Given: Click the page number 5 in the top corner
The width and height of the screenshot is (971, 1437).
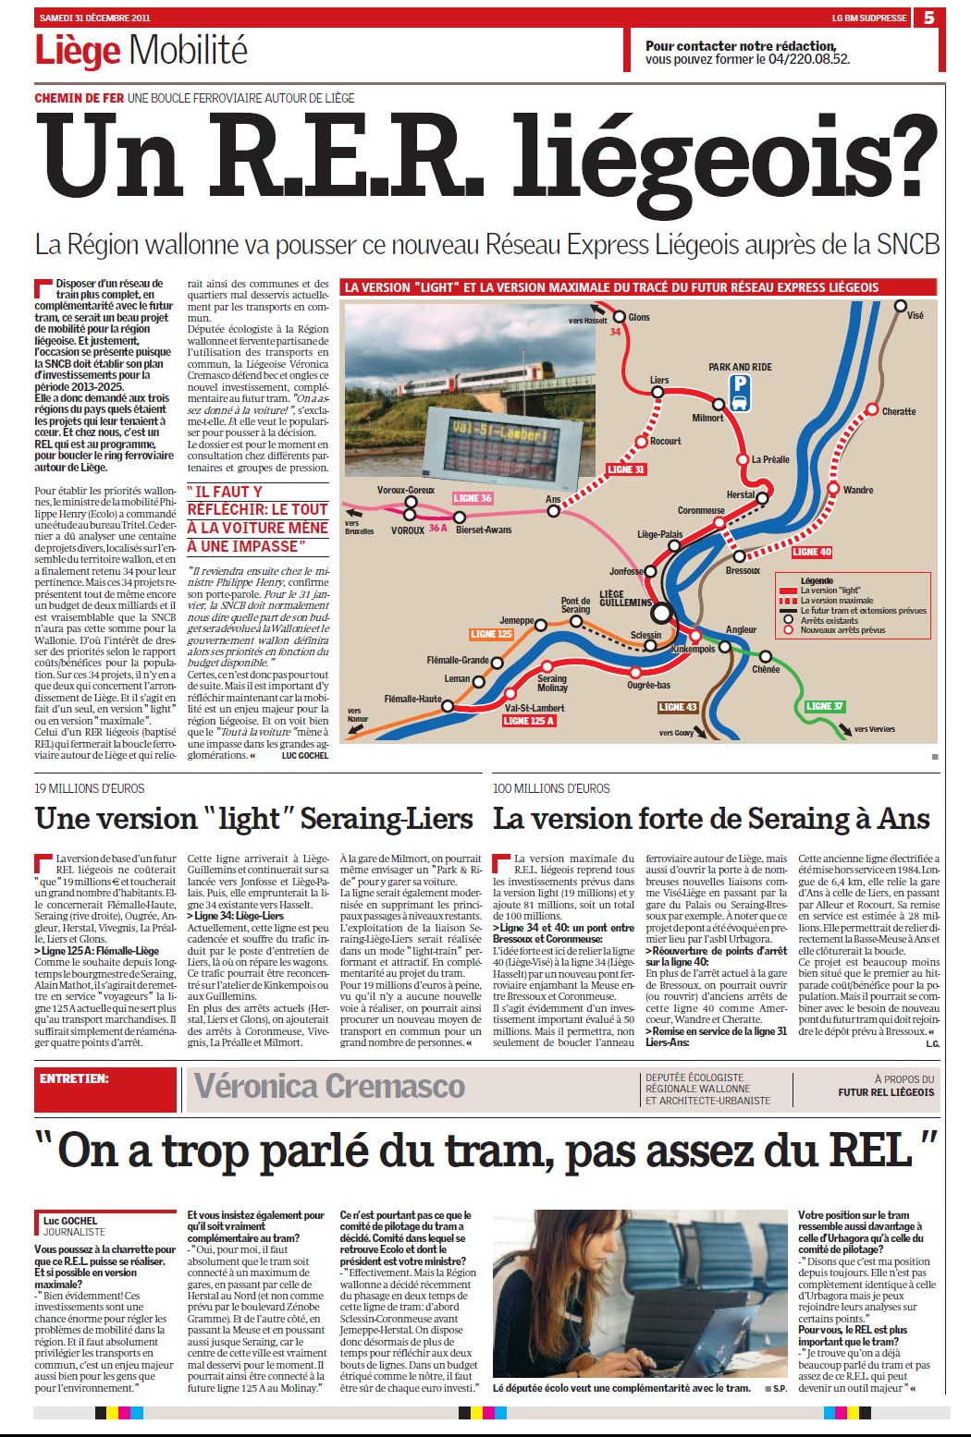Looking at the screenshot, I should pyautogui.click(x=928, y=17).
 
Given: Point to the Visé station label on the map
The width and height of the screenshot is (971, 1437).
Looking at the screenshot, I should pyautogui.click(x=915, y=315).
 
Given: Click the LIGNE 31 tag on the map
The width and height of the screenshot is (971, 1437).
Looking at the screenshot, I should pyautogui.click(x=626, y=469).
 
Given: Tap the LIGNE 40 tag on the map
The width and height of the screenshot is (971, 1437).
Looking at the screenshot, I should pyautogui.click(x=811, y=552).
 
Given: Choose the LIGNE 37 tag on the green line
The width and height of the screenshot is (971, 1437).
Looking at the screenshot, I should pyautogui.click(x=824, y=706).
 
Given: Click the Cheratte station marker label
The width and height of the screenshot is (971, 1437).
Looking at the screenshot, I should pyautogui.click(x=898, y=411).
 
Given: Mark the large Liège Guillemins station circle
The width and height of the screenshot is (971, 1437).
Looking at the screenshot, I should pyautogui.click(x=660, y=612).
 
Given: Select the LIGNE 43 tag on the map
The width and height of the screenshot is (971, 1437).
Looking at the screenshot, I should pyautogui.click(x=677, y=707).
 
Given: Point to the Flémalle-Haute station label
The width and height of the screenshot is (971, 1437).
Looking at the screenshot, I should pyautogui.click(x=414, y=699).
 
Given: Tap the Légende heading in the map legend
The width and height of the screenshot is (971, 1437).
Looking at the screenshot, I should pyautogui.click(x=817, y=580).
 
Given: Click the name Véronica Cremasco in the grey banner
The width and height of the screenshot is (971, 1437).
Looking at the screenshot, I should pyautogui.click(x=329, y=1087).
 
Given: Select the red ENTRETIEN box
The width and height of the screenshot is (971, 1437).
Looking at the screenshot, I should pyautogui.click(x=106, y=1088).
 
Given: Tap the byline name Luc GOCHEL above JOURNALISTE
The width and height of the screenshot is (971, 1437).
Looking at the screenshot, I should pyautogui.click(x=70, y=1221).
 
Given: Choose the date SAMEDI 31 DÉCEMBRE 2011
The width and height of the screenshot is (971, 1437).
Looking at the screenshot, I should pyautogui.click(x=95, y=17).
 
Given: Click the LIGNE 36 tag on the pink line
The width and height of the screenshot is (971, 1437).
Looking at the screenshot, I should pyautogui.click(x=472, y=498).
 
